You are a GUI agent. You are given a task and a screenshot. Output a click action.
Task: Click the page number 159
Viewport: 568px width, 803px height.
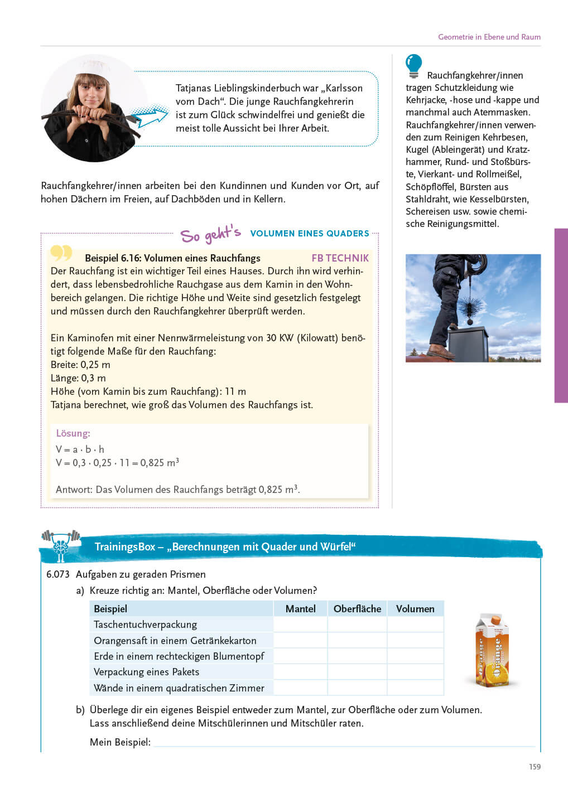click(x=535, y=767)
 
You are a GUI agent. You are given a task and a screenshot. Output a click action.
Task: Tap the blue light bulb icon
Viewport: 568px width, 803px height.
click(x=413, y=65)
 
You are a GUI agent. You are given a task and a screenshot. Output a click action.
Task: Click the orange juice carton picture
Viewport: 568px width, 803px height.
click(x=492, y=650)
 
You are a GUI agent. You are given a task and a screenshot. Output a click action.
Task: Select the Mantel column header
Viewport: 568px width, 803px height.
click(x=300, y=608)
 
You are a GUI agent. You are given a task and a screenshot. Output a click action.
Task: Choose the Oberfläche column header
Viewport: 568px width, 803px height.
click(x=357, y=608)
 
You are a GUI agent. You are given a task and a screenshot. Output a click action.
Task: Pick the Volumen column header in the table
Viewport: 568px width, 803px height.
click(x=415, y=608)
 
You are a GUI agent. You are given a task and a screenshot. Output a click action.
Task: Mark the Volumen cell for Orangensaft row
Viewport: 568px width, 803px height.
click(x=415, y=640)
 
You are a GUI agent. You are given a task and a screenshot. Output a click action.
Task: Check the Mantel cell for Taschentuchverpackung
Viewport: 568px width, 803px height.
click(x=300, y=625)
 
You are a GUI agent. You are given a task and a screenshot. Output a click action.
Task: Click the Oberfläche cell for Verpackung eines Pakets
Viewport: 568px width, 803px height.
click(x=357, y=672)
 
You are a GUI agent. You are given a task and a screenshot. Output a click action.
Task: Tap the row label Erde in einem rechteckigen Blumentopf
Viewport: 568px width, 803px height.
click(x=179, y=656)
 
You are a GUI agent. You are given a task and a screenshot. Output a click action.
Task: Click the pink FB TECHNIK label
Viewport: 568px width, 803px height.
click(x=340, y=258)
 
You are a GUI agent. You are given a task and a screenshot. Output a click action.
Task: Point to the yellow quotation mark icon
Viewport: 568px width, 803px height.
click(x=61, y=253)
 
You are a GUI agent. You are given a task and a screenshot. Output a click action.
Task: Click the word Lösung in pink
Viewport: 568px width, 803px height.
click(x=73, y=433)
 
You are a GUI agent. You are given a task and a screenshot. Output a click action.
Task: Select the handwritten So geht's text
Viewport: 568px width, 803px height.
click(x=210, y=235)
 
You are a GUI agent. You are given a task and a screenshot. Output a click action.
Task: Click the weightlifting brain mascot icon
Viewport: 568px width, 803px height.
click(x=61, y=544)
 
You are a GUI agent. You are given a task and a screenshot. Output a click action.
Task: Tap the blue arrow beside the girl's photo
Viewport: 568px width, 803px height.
click(x=149, y=117)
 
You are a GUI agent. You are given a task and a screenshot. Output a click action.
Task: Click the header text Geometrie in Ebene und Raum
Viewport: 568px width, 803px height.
click(x=489, y=37)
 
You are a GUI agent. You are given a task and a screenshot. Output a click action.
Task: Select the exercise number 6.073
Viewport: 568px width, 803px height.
click(x=58, y=574)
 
